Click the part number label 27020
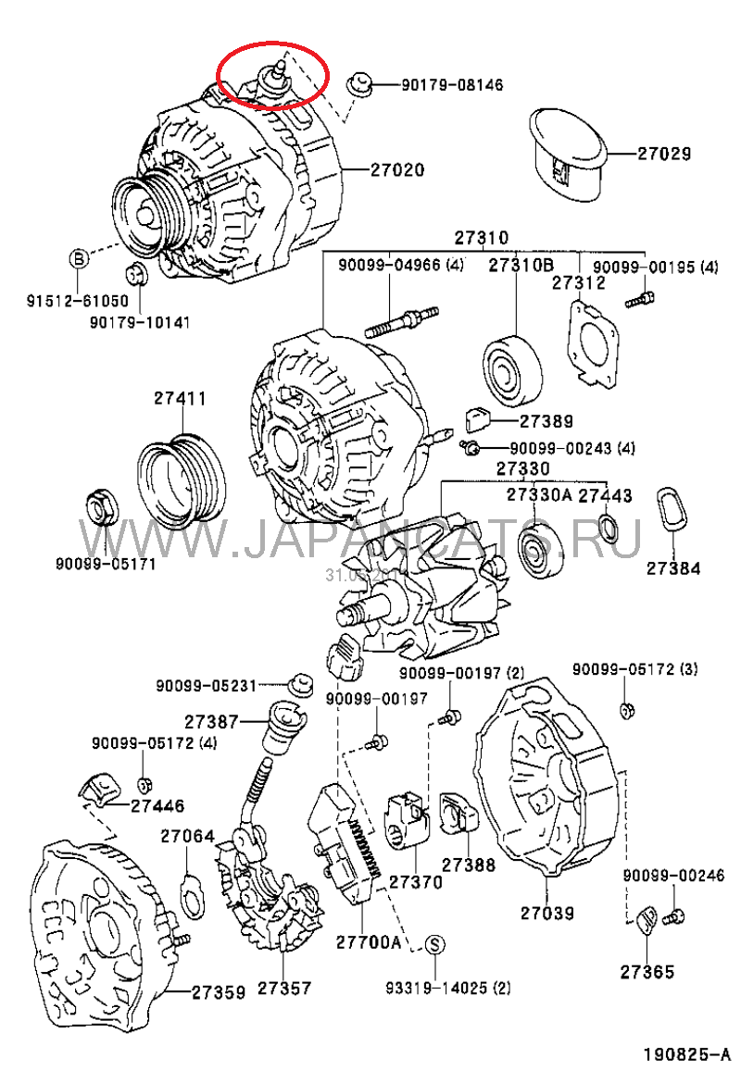coord(397,170)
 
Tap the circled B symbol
coord(80,258)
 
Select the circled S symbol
coord(435,944)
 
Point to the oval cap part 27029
coord(567,153)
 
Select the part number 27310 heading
coord(481,237)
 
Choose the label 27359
coord(219,992)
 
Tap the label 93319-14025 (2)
coord(447,987)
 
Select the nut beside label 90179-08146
coord(360,85)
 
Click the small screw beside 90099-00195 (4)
coord(640,299)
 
